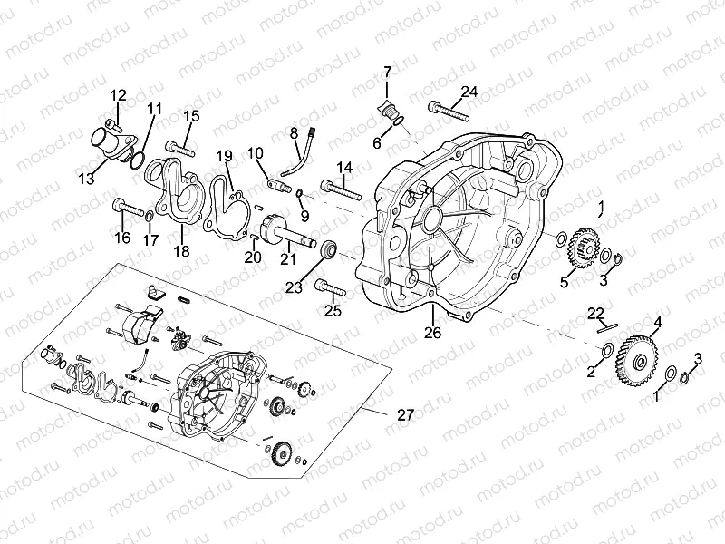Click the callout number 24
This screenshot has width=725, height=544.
(x=468, y=92)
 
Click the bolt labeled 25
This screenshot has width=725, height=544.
(x=330, y=290)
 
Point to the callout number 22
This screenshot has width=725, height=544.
(x=594, y=313)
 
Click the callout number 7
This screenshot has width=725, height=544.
(x=387, y=71)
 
